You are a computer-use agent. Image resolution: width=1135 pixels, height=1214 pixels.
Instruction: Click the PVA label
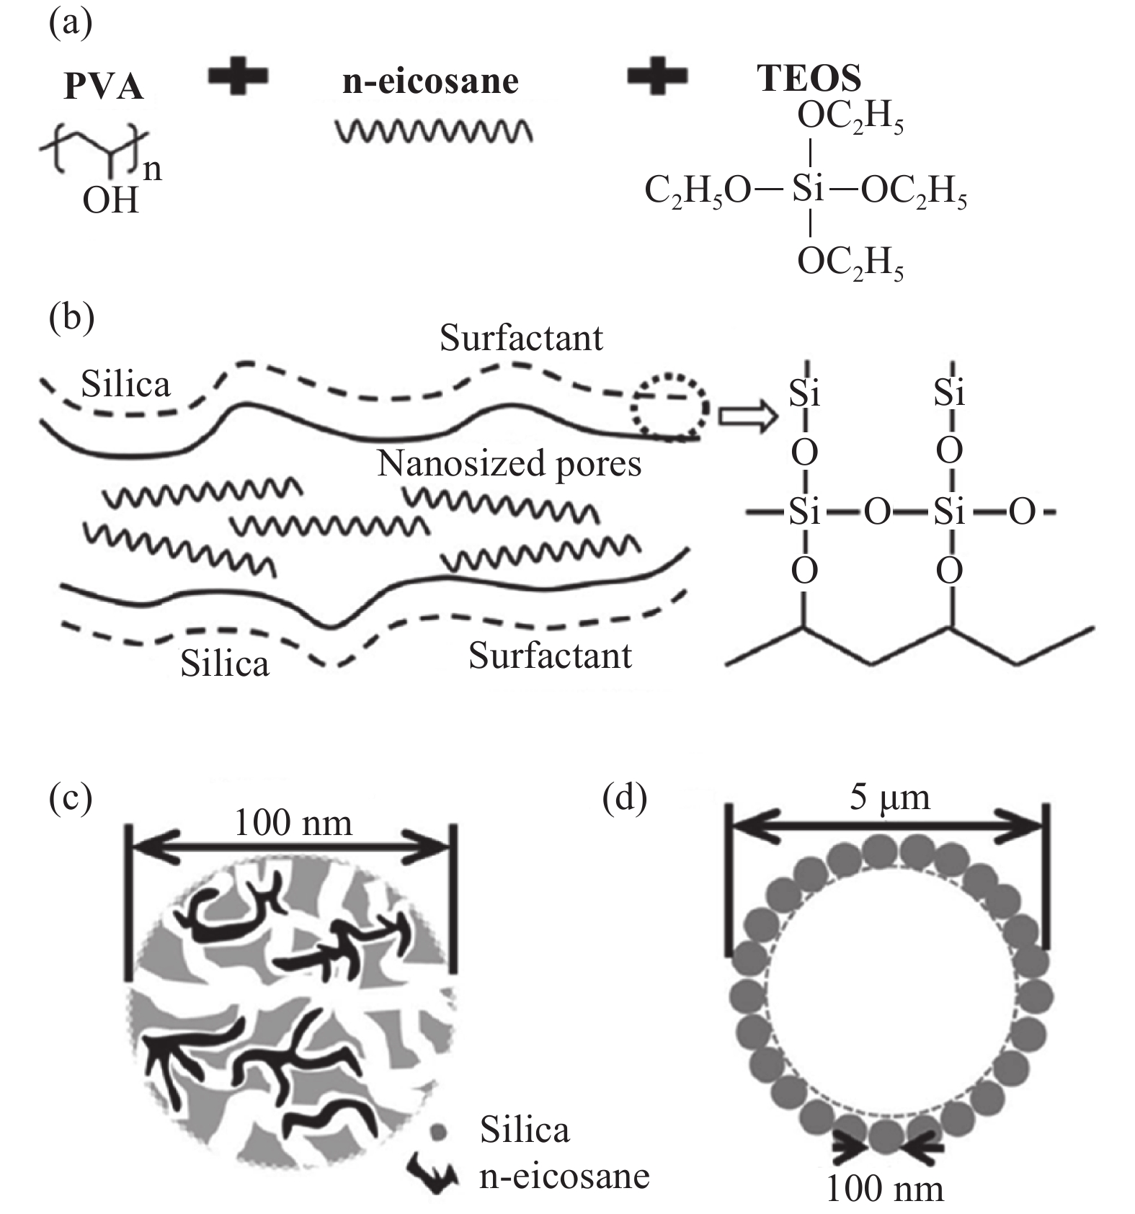point(104,86)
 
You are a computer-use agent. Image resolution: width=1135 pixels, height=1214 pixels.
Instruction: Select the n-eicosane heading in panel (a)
point(430,81)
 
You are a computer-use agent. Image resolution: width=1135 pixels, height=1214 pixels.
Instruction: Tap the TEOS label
point(809,78)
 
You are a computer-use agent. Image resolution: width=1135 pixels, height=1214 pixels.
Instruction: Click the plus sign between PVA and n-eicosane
point(239,76)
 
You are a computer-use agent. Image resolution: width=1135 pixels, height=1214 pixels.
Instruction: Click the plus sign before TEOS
point(656,76)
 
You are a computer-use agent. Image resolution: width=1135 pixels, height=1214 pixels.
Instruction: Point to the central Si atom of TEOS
point(808,189)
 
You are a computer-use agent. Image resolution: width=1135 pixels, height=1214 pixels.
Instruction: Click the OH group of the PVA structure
point(110,200)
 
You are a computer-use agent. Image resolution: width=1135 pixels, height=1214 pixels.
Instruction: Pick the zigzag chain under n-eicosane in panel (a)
point(435,130)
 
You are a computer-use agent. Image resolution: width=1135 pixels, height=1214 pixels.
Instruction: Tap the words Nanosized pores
point(509,463)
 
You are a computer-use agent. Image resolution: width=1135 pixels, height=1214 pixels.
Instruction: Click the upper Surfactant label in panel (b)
point(521,337)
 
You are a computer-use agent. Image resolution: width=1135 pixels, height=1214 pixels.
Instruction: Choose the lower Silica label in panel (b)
point(224,663)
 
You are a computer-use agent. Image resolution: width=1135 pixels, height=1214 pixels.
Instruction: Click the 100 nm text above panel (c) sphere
point(293,822)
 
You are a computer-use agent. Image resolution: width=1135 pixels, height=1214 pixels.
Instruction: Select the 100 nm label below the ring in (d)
point(884,1188)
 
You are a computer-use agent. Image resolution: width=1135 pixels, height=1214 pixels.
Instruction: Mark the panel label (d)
point(624,797)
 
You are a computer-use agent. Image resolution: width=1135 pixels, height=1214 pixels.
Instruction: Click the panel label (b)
point(71,316)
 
